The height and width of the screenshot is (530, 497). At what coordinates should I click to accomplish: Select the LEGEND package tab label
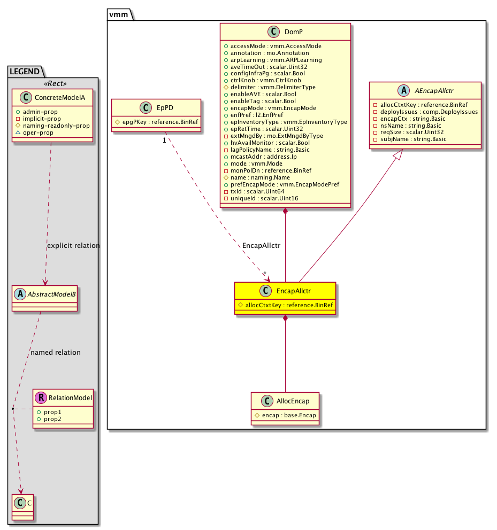point(24,71)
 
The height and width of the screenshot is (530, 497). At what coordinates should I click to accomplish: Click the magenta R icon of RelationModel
point(41,397)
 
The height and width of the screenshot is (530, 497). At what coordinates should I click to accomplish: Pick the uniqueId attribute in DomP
point(261,198)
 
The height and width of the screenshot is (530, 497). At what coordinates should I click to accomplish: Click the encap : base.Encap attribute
point(285,416)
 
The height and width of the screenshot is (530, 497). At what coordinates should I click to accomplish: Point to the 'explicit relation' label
point(73,246)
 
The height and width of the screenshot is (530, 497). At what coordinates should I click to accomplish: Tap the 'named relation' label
point(56,353)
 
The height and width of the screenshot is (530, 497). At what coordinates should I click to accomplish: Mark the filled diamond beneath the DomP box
point(285,212)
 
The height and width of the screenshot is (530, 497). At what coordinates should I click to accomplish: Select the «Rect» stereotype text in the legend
point(52,83)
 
